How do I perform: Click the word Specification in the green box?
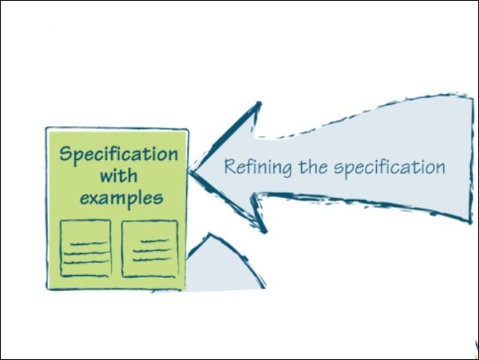(x=119, y=154)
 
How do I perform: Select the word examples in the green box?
(x=120, y=199)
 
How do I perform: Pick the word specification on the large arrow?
(x=388, y=167)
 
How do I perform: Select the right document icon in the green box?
(x=149, y=249)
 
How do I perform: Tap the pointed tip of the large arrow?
(x=191, y=172)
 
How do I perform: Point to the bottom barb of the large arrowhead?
(x=262, y=228)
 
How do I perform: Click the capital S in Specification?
(x=66, y=153)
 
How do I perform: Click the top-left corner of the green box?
(x=47, y=129)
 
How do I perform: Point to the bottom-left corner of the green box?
(x=47, y=288)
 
